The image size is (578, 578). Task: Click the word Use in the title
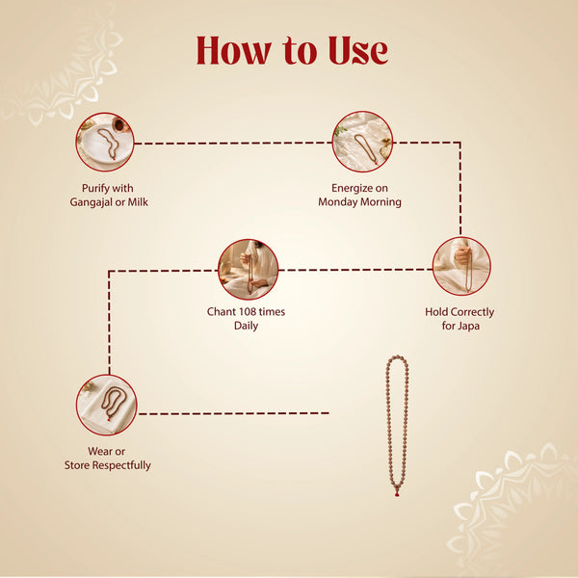pos(358,51)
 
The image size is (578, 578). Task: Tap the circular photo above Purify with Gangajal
pos(105,143)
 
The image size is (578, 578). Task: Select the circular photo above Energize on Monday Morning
pos(363,142)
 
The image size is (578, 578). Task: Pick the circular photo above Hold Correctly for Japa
pos(461,266)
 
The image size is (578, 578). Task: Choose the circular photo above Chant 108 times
pos(249,269)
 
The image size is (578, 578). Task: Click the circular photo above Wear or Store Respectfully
pos(107,405)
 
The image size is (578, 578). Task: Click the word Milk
pos(138,202)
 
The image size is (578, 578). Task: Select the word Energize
pos(352,189)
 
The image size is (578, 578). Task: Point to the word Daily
pos(246,326)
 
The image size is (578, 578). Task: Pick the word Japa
pos(468,327)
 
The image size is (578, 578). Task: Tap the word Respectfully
pos(121,465)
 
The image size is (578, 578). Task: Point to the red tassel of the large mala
pos(397,492)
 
